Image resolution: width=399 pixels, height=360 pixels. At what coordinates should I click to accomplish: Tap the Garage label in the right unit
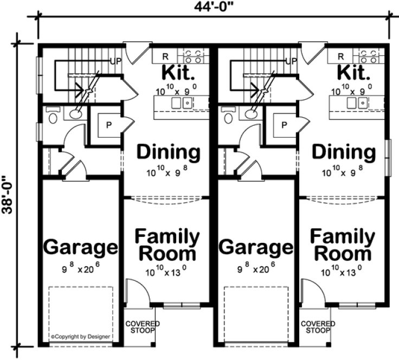tap(256, 247)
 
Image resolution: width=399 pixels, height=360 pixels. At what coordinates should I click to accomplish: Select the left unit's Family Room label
tap(167, 245)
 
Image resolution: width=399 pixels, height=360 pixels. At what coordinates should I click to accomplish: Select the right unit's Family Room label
tap(342, 245)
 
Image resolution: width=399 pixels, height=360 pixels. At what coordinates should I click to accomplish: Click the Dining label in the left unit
tap(168, 152)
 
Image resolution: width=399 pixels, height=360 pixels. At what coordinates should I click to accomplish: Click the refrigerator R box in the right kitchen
tap(341, 56)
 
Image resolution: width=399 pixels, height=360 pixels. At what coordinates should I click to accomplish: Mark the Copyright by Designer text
tap(80, 337)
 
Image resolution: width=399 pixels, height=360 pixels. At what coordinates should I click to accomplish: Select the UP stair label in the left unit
tap(115, 61)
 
